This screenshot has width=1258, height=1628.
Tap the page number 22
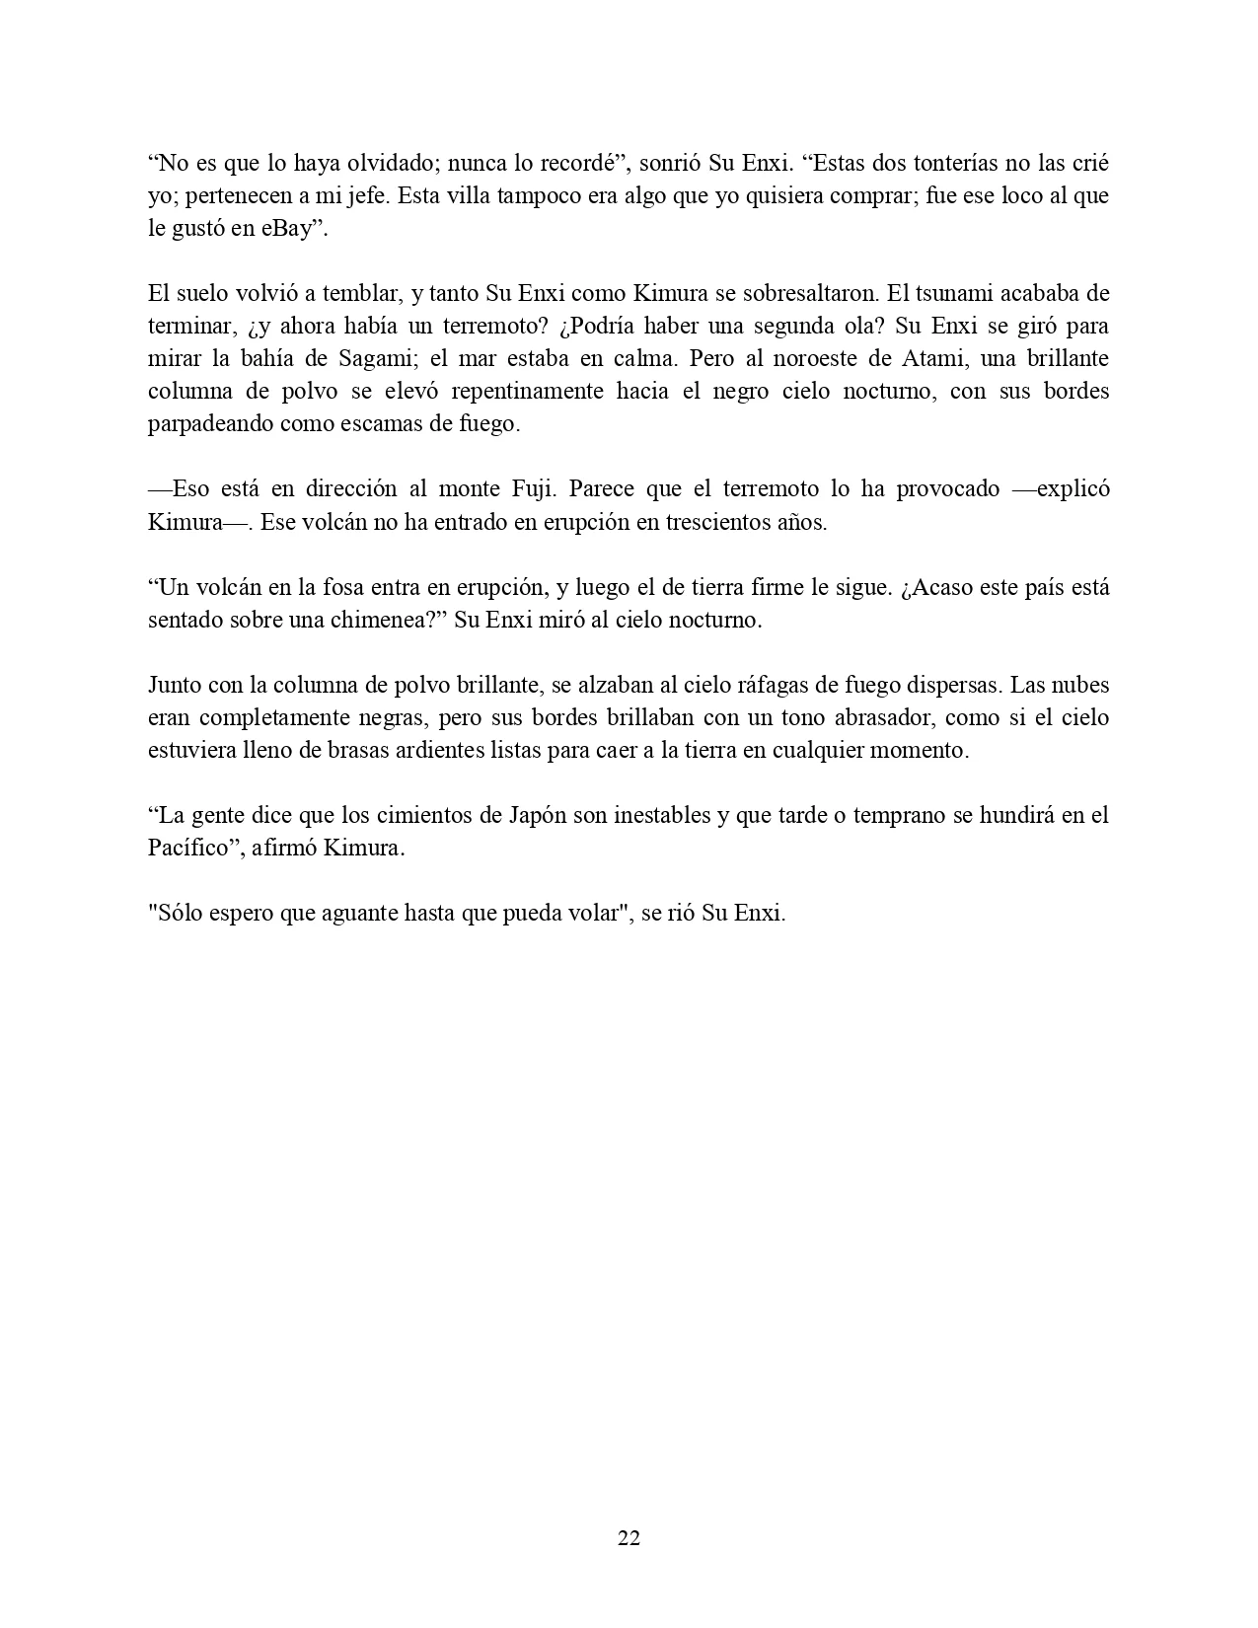coord(629,1538)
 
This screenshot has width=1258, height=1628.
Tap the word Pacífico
coord(187,849)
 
